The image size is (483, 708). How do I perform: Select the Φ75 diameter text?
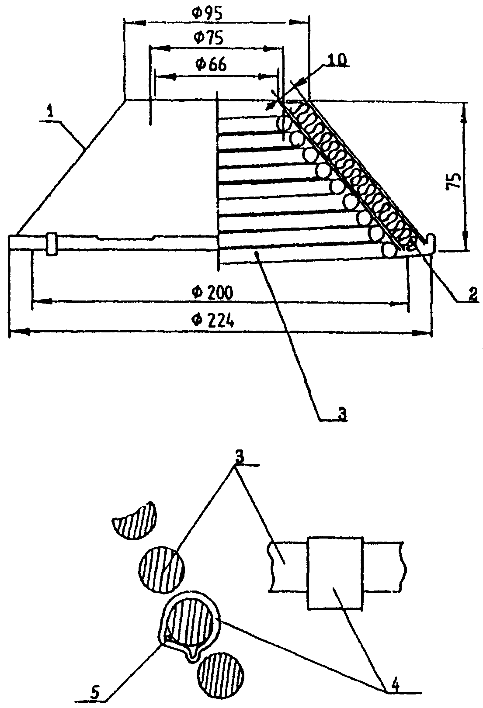point(209,37)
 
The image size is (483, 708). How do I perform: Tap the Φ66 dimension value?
point(211,65)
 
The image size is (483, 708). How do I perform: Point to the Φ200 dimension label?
point(212,293)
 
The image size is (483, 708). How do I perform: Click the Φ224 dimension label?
point(213,321)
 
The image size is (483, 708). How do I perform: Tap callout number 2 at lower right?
point(473,294)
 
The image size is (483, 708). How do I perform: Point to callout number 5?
point(94,692)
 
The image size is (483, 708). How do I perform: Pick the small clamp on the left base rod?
point(52,244)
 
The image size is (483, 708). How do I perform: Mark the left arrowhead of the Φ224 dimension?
point(20,332)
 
